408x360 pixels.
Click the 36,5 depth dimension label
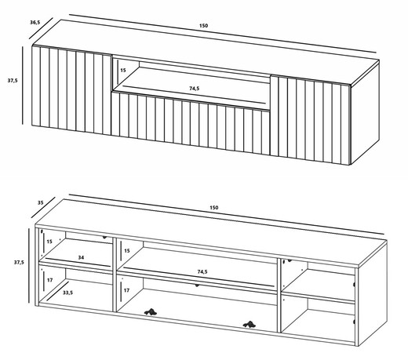coord(35,22)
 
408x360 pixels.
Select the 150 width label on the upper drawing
coord(203,26)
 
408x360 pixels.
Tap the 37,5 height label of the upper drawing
coord(13,81)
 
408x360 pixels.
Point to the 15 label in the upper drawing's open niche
coord(123,70)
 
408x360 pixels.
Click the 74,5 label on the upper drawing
coord(195,89)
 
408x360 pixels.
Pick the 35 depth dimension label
coord(41,202)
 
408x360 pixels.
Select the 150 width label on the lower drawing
coord(213,208)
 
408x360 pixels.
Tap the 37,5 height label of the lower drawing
coord(19,262)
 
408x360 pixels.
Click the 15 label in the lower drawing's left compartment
coord(49,242)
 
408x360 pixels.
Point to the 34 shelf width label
coord(81,257)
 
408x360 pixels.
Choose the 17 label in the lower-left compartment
coord(49,280)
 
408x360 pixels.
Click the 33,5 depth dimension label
coord(67,293)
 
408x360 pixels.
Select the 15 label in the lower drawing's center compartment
coord(127,251)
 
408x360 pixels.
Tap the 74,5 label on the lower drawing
coord(202,272)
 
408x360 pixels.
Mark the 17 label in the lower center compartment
coord(126,290)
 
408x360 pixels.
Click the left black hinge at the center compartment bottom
coord(151,311)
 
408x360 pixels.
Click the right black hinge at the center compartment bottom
coord(249,324)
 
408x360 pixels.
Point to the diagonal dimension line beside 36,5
coord(41,28)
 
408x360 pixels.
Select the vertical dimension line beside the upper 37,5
coord(23,85)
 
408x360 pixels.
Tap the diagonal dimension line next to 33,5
coord(58,291)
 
